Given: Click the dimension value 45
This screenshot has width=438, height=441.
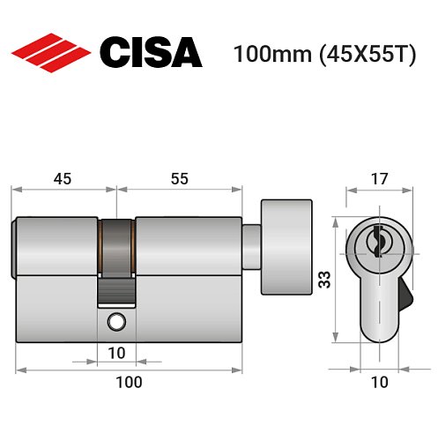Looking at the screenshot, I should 63,178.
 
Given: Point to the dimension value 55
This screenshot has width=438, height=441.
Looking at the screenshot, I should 179,178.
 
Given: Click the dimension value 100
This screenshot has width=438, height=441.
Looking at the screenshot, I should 129,382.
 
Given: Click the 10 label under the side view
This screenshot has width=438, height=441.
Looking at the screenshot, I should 116,354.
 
